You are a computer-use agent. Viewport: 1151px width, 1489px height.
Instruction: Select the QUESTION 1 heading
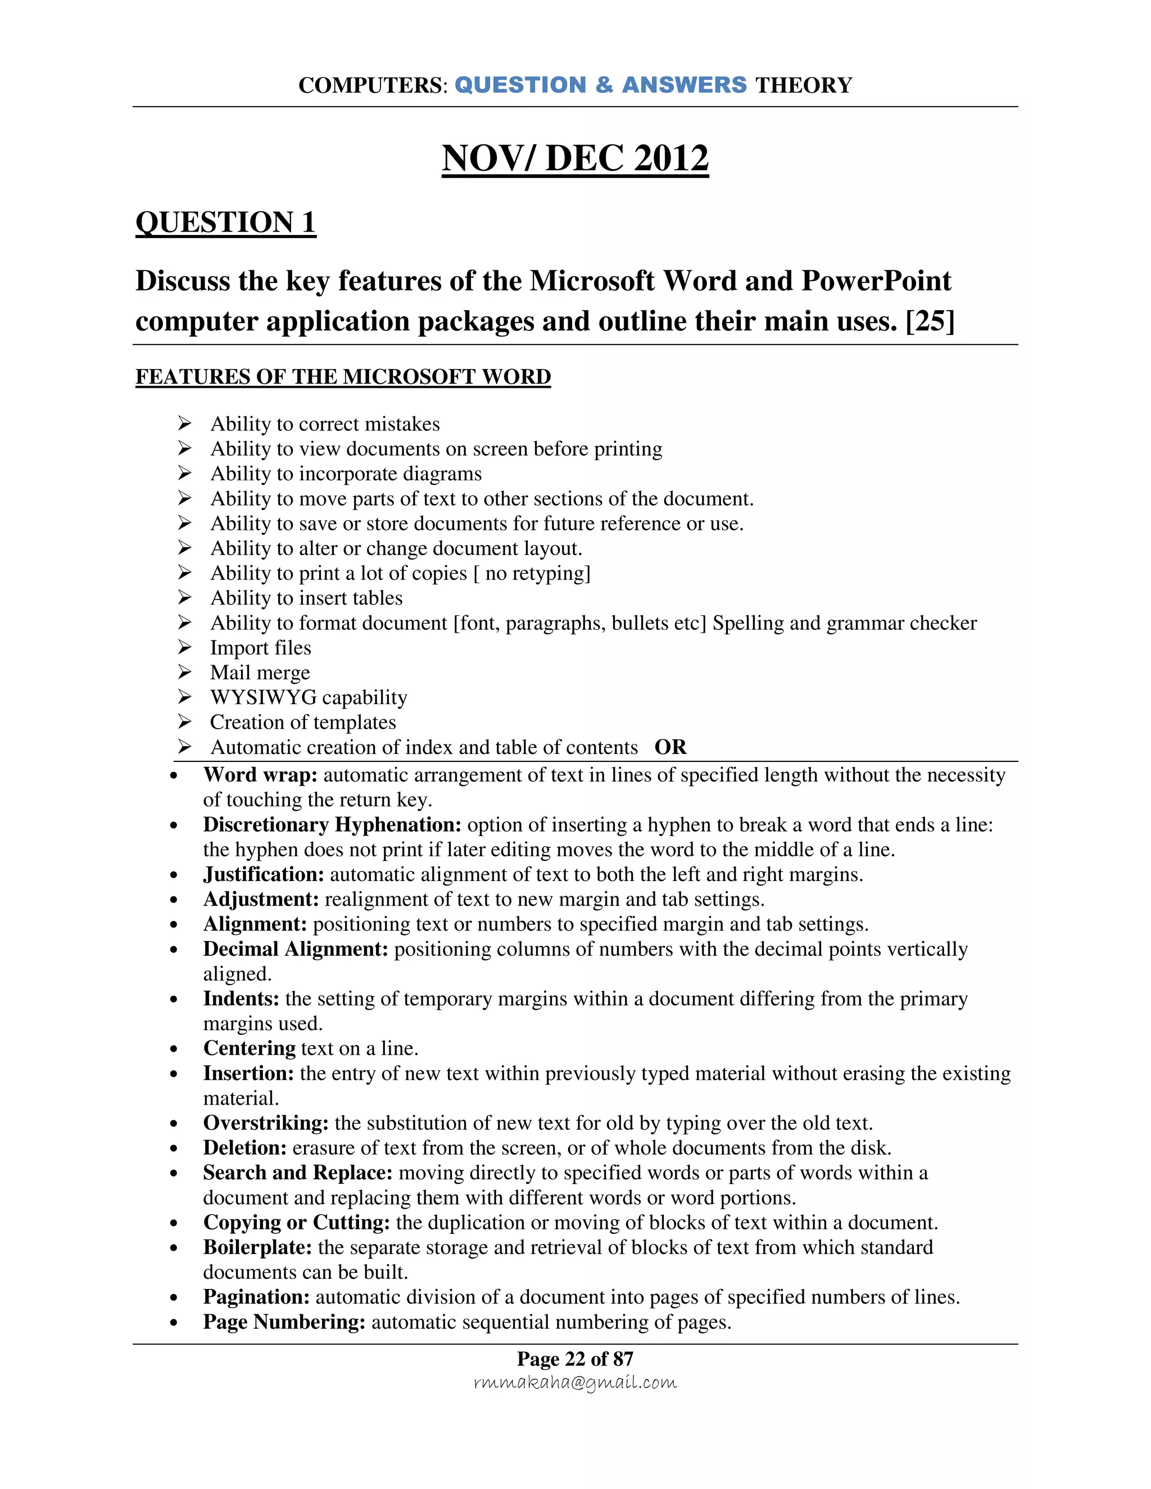(x=226, y=223)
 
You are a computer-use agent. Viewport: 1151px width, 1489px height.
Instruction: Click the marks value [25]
(x=930, y=320)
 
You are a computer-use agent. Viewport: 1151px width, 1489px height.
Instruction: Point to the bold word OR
(x=670, y=747)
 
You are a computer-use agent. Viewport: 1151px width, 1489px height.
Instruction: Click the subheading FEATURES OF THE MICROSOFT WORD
(x=343, y=376)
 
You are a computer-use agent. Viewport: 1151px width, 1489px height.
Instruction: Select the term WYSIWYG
(x=263, y=697)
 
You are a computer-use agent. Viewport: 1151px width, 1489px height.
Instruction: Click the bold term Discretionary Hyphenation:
(x=332, y=825)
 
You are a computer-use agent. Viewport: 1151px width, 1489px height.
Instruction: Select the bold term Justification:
(x=263, y=875)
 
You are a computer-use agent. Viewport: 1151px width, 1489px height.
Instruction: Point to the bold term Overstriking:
(x=266, y=1123)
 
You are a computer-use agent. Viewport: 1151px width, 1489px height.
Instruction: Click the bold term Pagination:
(x=256, y=1297)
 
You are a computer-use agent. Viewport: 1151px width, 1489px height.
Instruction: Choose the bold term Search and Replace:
(x=297, y=1173)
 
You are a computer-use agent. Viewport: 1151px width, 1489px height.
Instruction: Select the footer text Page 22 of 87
(x=575, y=1359)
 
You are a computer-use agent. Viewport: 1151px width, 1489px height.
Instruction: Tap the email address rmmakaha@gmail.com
(x=575, y=1382)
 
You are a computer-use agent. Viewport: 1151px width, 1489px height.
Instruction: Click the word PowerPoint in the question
(x=876, y=281)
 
